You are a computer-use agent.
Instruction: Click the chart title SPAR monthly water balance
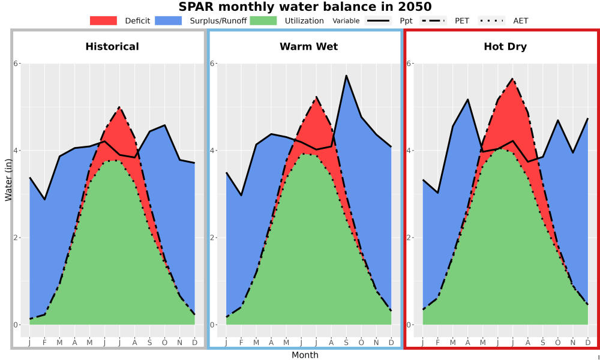(305, 7)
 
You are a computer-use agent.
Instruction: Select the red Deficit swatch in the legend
(103, 20)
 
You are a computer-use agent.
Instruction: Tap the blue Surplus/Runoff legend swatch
(169, 20)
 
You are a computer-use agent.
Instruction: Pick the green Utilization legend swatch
(263, 20)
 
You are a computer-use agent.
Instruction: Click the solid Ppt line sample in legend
(377, 20)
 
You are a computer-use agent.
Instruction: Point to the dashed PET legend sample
(433, 20)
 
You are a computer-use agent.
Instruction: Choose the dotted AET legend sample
(491, 20)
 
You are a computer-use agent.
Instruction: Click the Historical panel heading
(112, 47)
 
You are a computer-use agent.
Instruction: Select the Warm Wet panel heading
(309, 47)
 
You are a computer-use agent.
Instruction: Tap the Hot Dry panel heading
(505, 47)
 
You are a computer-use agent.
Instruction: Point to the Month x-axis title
(305, 355)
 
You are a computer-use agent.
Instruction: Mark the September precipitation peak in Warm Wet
(346, 76)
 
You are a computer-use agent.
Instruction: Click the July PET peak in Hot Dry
(513, 79)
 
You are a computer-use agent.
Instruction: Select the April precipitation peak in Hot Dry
(467, 100)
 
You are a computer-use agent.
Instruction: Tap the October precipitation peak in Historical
(164, 125)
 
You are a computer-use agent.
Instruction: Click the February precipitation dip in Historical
(45, 199)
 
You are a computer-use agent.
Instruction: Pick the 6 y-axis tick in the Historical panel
(16, 63)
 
